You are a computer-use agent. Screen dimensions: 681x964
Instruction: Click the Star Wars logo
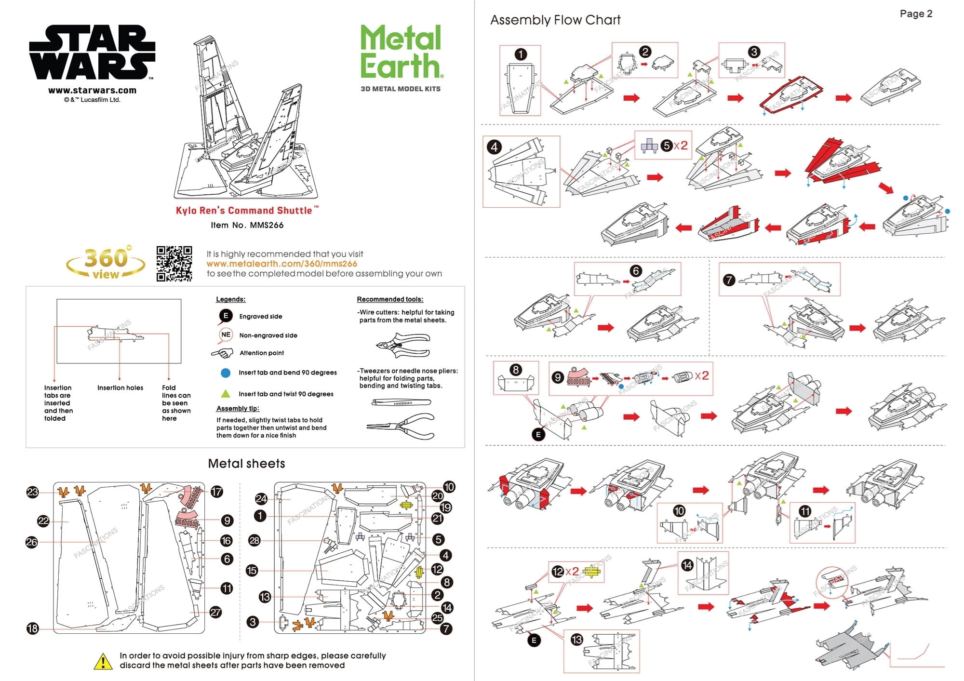coord(92,53)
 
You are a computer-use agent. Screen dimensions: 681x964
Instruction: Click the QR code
coord(174,264)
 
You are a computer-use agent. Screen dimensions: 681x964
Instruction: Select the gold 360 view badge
coord(106,263)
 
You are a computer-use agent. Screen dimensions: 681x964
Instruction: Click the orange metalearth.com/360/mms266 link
coord(281,264)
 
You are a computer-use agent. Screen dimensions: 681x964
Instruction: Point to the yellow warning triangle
coord(103,661)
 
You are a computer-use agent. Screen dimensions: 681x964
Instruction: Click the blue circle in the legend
coord(226,373)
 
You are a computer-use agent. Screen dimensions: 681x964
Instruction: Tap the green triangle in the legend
coord(226,393)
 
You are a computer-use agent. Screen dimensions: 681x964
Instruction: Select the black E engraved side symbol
coord(225,316)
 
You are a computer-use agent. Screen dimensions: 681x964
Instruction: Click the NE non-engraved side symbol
coord(226,334)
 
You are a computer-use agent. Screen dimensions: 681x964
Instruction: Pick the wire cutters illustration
coord(402,345)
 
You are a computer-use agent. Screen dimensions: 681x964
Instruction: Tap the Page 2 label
coord(916,14)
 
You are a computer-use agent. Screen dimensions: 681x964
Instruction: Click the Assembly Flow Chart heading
coord(555,20)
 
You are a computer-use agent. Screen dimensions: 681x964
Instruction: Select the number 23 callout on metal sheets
coord(32,492)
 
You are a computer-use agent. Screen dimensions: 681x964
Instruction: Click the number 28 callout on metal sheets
coord(254,540)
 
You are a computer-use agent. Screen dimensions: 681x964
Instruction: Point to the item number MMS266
coord(247,225)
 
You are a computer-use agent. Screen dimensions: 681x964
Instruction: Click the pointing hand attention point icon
coord(222,353)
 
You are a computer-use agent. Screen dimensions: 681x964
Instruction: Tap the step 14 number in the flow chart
coord(687,565)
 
